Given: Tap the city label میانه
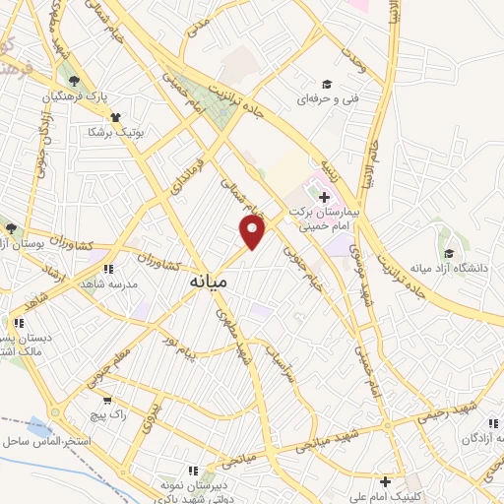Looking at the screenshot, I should pos(207,281).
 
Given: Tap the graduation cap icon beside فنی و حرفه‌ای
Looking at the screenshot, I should pos(327,85).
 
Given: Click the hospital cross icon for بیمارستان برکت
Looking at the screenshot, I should pos(324,197).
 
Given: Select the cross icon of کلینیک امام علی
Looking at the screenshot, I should pos(386,482).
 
